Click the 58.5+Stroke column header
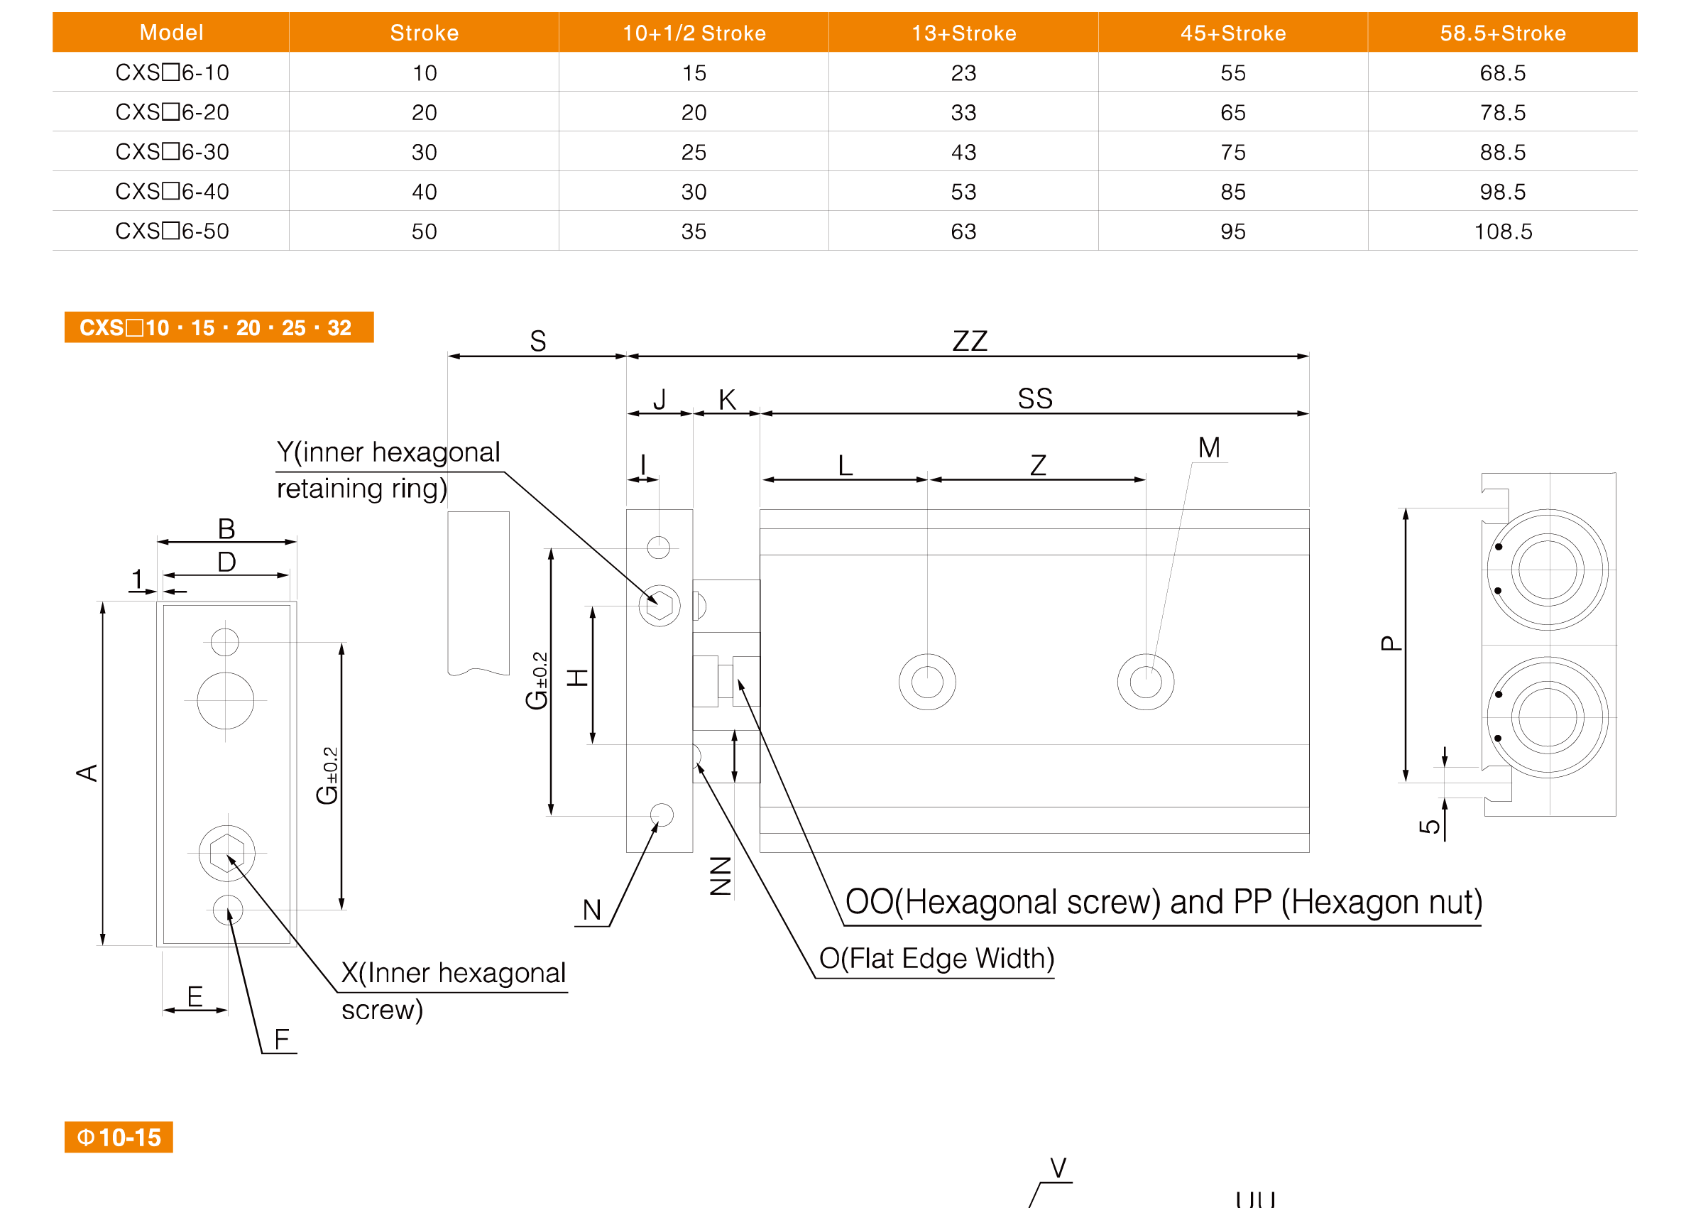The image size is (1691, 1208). [x=1502, y=33]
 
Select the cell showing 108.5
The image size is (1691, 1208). [x=1503, y=232]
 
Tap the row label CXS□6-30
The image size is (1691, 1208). [x=172, y=152]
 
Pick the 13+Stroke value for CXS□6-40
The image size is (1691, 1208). [x=963, y=192]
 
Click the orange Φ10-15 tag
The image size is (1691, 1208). [x=119, y=1136]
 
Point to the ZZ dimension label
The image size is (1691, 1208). [x=970, y=341]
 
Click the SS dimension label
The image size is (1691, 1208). [x=1035, y=398]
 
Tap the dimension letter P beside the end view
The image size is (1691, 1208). [x=1391, y=643]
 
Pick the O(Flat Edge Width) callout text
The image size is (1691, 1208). [x=936, y=958]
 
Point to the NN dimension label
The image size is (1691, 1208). [x=721, y=876]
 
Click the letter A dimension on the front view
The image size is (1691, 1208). [x=87, y=773]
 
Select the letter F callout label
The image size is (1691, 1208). [x=282, y=1038]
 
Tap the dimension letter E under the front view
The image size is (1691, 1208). [x=195, y=996]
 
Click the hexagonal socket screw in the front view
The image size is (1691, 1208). [x=226, y=852]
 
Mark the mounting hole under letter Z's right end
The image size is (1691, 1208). [x=1145, y=681]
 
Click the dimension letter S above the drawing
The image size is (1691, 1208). [x=537, y=341]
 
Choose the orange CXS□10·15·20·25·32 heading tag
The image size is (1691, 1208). [x=219, y=327]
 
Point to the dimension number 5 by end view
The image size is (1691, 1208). [x=1429, y=826]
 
